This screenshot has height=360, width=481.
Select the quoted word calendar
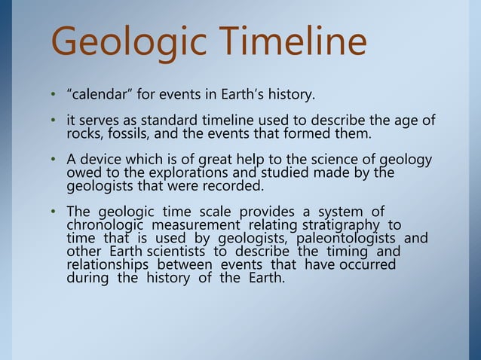coord(97,96)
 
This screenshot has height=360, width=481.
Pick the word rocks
coord(84,135)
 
